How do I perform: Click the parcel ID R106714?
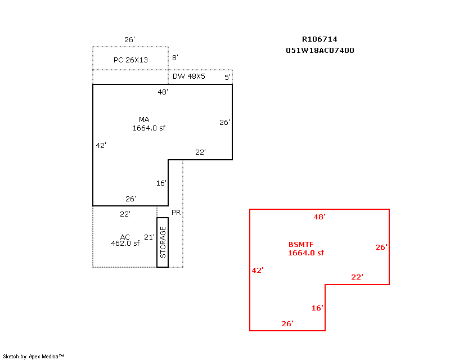click(x=319, y=39)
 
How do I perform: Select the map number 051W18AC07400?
click(x=320, y=50)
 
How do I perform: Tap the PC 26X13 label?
click(x=130, y=60)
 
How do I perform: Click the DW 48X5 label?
click(x=189, y=76)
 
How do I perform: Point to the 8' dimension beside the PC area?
click(x=175, y=58)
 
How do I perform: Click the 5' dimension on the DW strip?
click(x=227, y=77)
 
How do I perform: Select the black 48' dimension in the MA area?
click(x=163, y=92)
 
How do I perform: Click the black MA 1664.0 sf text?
click(x=148, y=124)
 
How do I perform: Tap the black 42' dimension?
click(x=101, y=146)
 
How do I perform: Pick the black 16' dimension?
click(x=161, y=183)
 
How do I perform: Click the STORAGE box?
click(x=163, y=242)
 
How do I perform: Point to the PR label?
click(x=176, y=213)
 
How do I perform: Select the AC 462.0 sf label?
click(x=125, y=240)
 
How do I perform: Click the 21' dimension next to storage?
click(x=149, y=237)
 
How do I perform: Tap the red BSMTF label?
click(x=301, y=245)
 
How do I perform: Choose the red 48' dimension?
click(x=319, y=217)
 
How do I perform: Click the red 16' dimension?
click(x=317, y=308)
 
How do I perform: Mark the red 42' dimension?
click(x=258, y=271)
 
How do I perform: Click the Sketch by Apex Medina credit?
click(x=33, y=357)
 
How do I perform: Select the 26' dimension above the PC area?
click(x=129, y=39)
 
